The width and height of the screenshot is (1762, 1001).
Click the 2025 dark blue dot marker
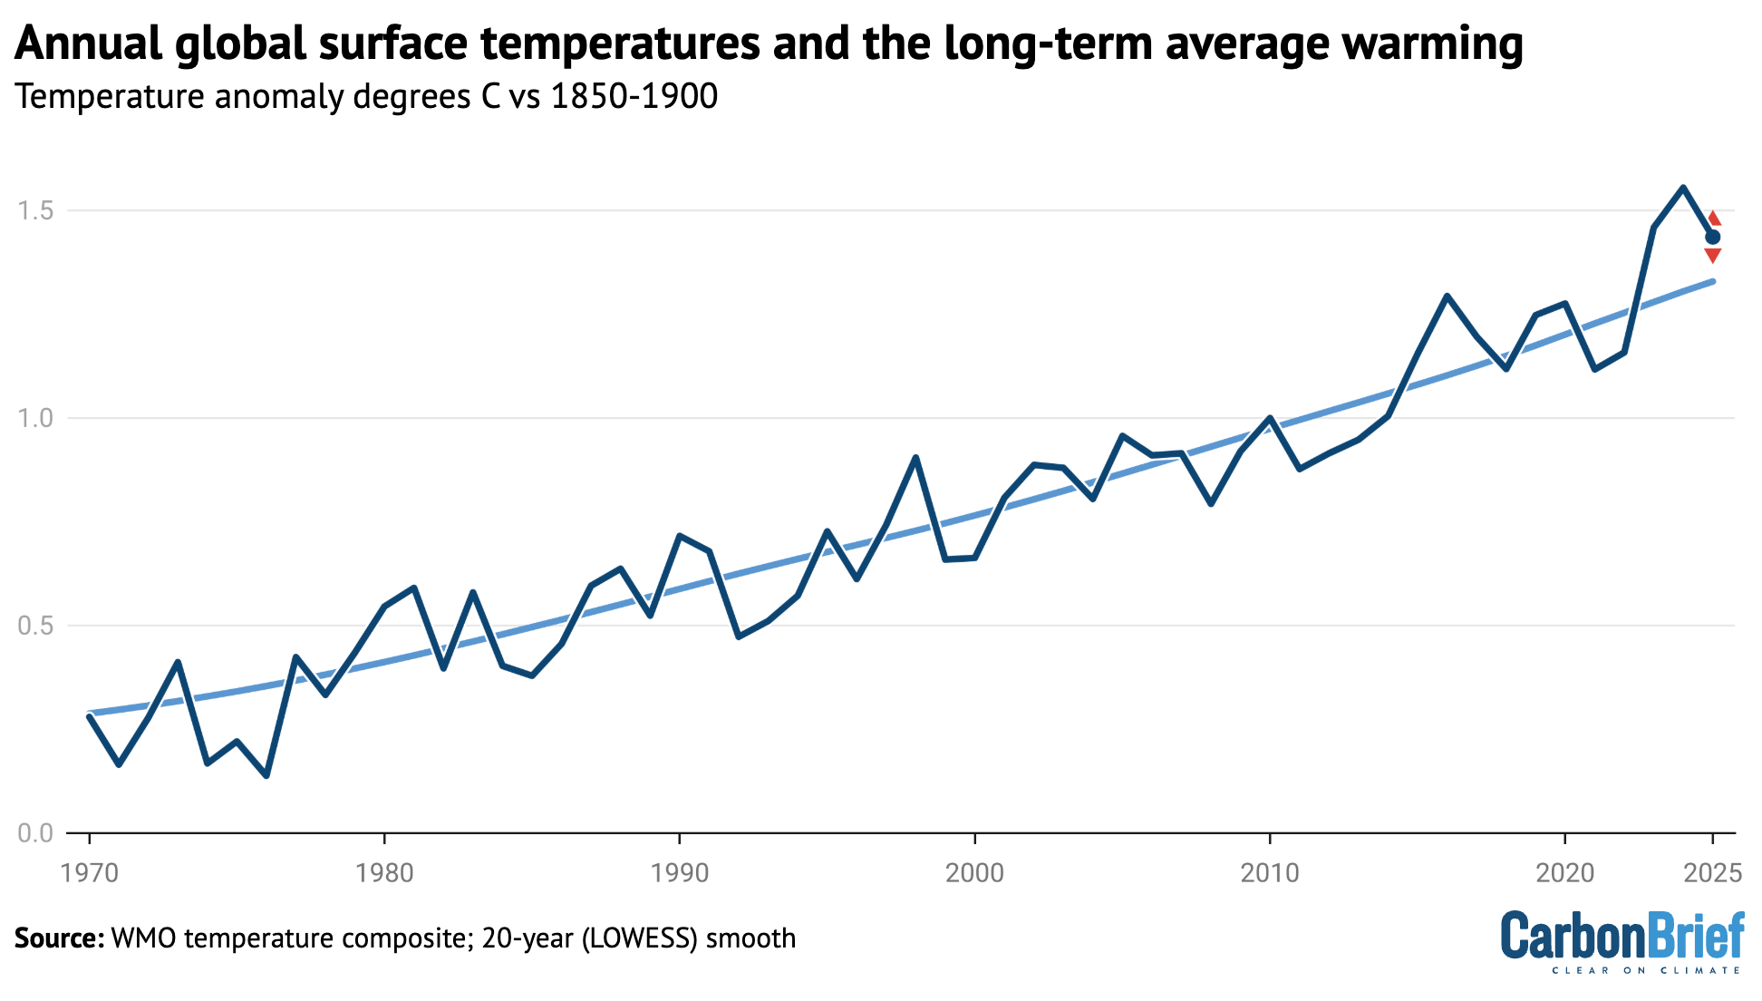tap(1712, 238)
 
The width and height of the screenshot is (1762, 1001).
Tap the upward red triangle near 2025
tap(1713, 219)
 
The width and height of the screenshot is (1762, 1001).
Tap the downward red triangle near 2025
tap(1712, 256)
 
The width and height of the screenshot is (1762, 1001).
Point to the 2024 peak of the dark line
tap(1683, 188)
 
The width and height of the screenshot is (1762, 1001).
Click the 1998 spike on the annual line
tap(916, 457)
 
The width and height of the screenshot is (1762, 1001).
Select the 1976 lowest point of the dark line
tap(266, 776)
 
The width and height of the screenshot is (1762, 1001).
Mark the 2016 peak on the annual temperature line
tap(1447, 296)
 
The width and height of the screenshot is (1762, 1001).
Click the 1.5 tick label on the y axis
tap(35, 210)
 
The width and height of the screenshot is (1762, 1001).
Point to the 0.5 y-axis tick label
tap(35, 626)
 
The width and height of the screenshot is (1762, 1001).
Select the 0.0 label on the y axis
tap(35, 833)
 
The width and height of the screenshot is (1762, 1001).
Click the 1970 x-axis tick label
tap(89, 873)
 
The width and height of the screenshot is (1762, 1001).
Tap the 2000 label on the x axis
tap(974, 873)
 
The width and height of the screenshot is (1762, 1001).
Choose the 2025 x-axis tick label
tap(1712, 873)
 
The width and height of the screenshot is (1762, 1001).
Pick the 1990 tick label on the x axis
tap(679, 873)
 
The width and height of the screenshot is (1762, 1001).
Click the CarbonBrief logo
tap(1622, 941)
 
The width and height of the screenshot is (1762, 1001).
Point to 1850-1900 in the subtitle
tap(634, 96)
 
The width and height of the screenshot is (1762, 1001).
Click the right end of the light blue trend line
tap(1712, 281)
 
